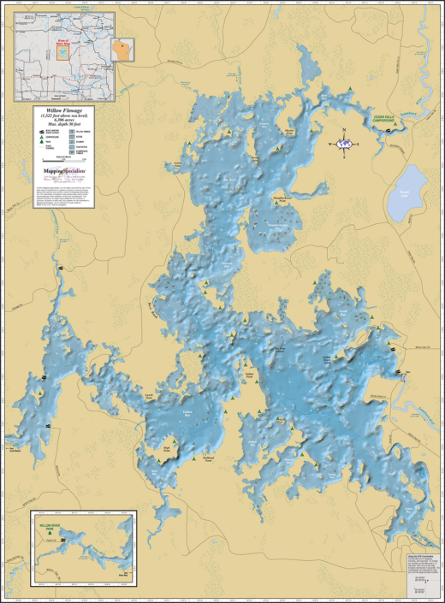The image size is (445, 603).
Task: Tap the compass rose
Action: coord(344,144)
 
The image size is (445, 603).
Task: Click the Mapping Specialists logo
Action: coord(69,172)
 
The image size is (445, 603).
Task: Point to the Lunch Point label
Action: coord(149,396)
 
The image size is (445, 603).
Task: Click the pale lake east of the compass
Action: coord(406,192)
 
